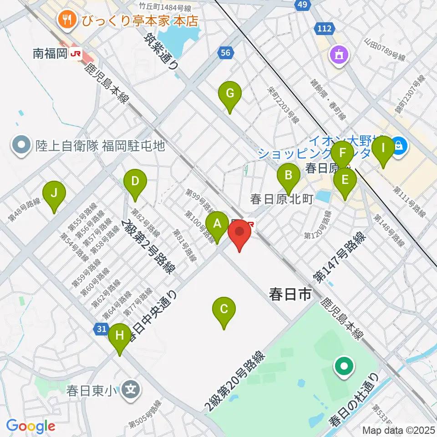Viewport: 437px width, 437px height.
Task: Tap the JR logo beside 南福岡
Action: pyautogui.click(x=75, y=54)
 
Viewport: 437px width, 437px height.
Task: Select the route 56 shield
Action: pyautogui.click(x=226, y=53)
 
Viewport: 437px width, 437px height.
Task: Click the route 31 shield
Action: pyautogui.click(x=102, y=328)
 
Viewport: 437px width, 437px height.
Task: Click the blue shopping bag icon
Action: pyautogui.click(x=399, y=146)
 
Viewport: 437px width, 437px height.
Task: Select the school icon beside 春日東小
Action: pyautogui.click(x=131, y=390)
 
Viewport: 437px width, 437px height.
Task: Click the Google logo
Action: pyautogui.click(x=30, y=427)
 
